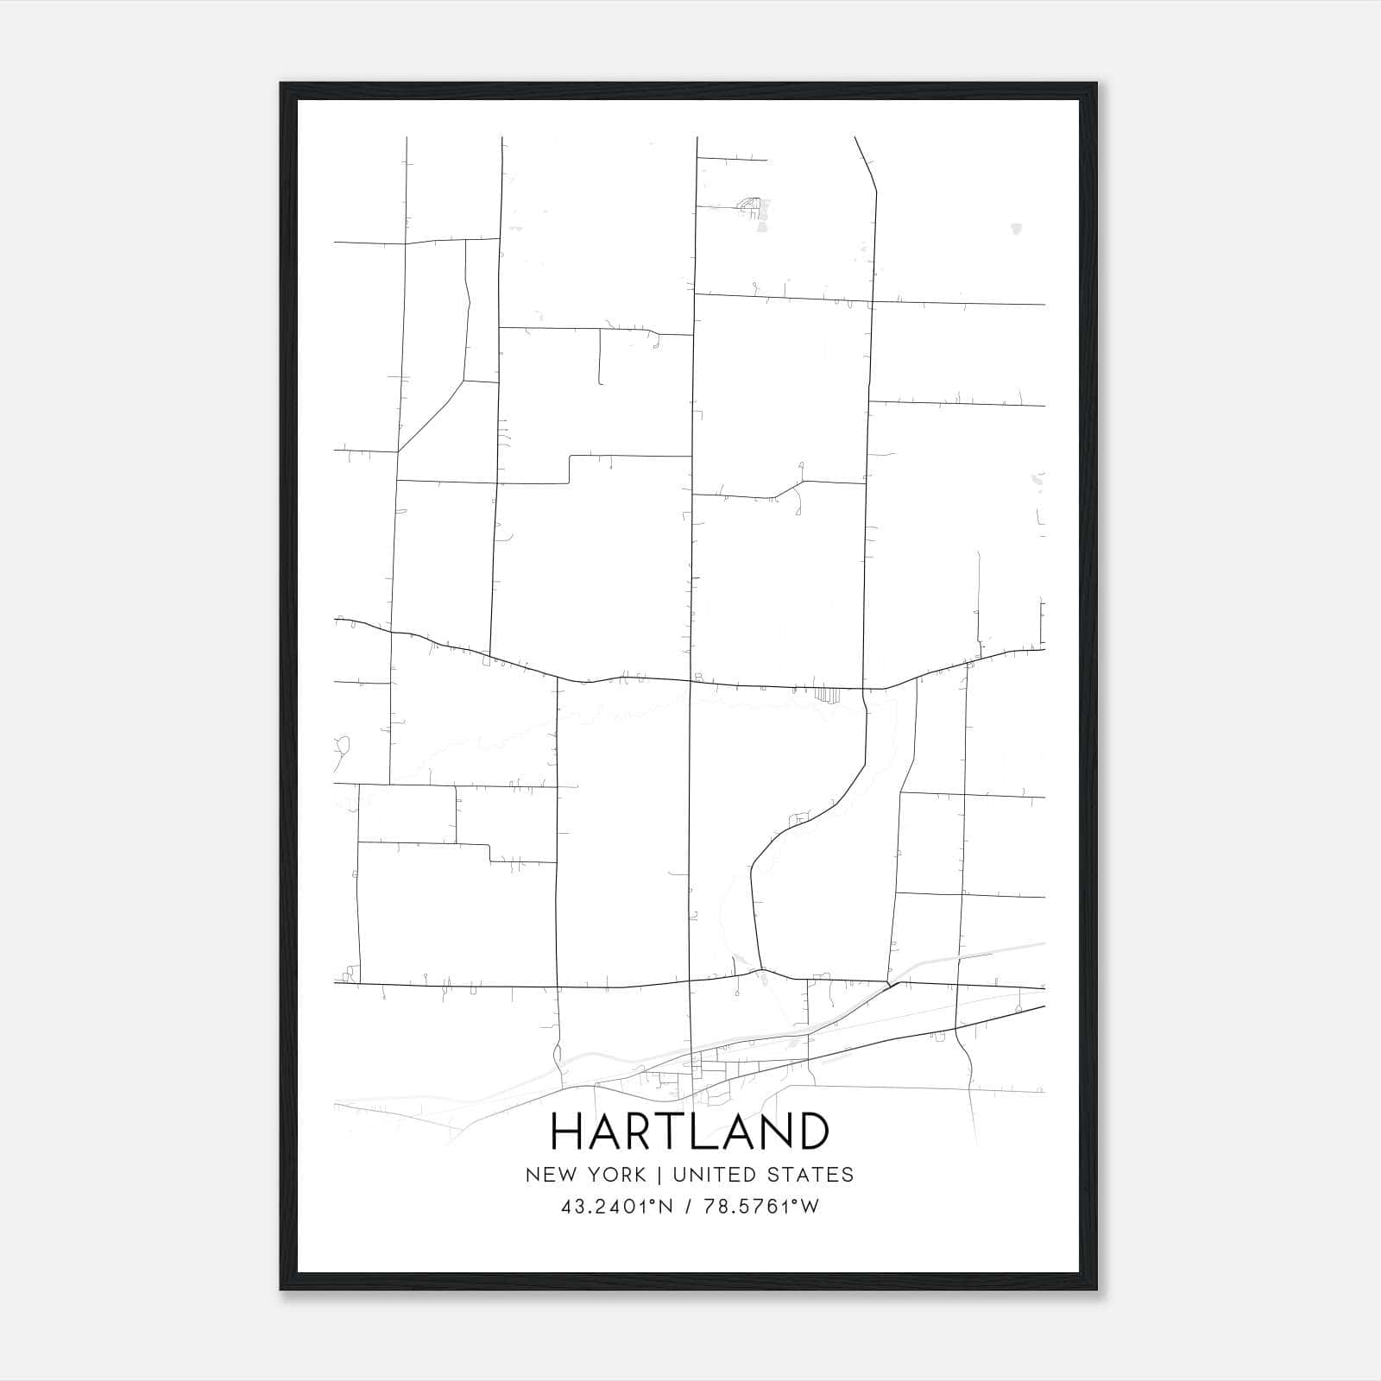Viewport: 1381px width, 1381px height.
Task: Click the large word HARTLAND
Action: (690, 1131)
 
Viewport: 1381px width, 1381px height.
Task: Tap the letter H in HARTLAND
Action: (570, 1131)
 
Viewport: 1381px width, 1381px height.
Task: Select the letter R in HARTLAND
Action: (646, 1131)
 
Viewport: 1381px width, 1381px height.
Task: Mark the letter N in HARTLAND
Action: (775, 1131)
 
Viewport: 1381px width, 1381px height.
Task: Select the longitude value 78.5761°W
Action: (760, 1207)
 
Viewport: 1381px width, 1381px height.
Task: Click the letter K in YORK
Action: (639, 1175)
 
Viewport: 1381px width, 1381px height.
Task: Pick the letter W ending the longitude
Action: (810, 1207)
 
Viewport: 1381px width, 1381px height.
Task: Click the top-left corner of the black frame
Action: (281, 84)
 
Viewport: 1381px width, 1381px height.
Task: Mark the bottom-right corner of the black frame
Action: (1096, 1290)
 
